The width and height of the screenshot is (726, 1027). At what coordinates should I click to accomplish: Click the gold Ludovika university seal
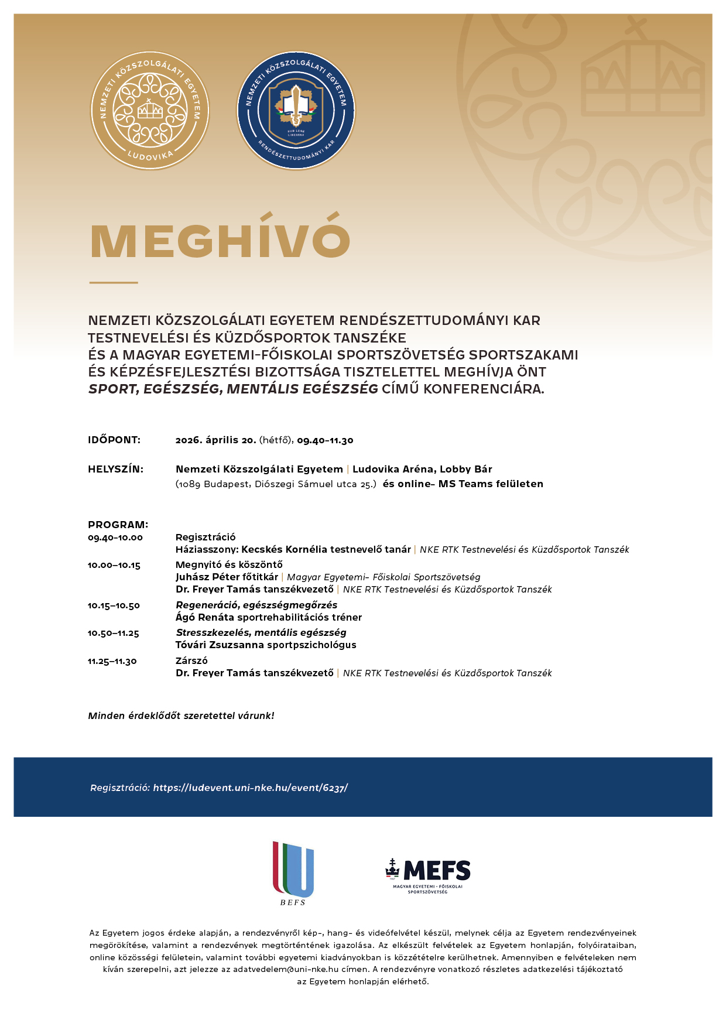point(150,111)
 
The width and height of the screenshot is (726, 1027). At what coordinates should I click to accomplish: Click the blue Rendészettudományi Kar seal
point(296,111)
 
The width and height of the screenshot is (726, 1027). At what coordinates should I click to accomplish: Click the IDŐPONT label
point(114,440)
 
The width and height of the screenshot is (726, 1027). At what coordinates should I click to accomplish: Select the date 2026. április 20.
point(215,440)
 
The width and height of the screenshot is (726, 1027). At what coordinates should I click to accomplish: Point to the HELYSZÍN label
point(115,469)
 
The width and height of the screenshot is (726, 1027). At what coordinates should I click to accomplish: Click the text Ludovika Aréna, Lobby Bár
point(422,469)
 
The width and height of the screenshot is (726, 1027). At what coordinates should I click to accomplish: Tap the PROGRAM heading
point(118,525)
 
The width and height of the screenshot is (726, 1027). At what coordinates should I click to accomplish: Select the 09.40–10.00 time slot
point(115,538)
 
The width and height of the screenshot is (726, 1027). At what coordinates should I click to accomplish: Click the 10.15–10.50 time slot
point(114,605)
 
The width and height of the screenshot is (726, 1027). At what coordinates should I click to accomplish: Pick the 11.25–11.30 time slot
point(112,661)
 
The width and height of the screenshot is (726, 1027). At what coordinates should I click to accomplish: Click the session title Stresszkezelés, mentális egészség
point(261,632)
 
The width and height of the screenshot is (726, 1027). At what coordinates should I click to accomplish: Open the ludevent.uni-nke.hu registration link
point(250,788)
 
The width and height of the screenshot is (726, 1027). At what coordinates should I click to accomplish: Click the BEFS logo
point(293,872)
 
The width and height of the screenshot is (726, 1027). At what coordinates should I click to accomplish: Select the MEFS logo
point(428,875)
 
